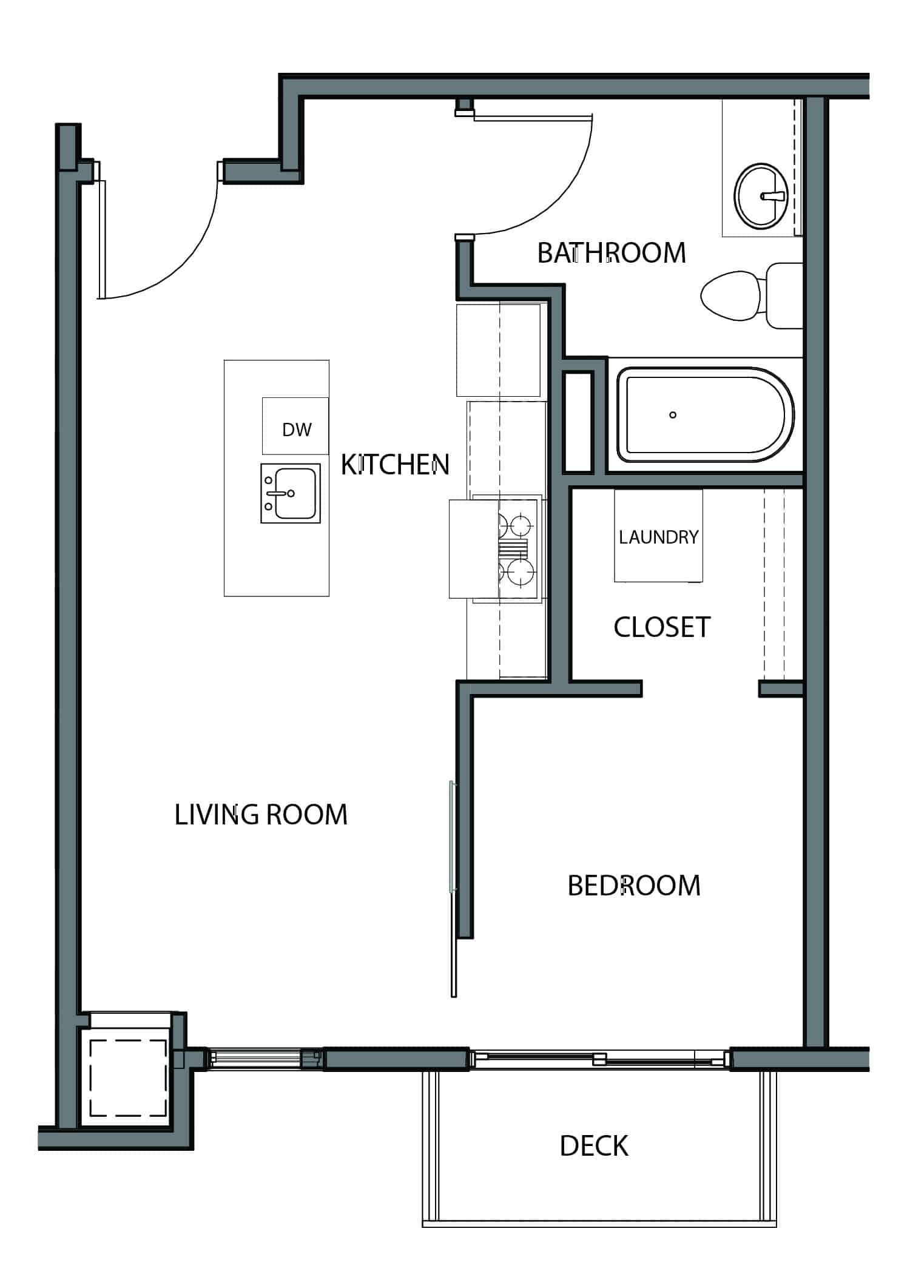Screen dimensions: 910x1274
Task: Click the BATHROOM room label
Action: (x=612, y=252)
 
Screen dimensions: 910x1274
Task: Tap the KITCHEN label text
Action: (x=395, y=465)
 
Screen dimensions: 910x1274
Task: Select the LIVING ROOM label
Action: (x=261, y=814)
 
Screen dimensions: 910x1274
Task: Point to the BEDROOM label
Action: (x=634, y=886)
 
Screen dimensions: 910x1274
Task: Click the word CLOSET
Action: (x=662, y=627)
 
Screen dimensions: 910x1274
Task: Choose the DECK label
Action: (x=594, y=1146)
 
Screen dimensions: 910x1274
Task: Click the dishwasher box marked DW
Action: (x=295, y=426)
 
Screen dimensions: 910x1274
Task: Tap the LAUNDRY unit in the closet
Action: (x=658, y=536)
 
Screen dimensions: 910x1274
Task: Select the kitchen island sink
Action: (x=291, y=494)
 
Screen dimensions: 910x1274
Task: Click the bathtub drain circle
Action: (x=673, y=415)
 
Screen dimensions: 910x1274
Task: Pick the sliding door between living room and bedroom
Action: (x=453, y=889)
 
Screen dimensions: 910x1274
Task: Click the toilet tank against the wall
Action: (x=784, y=295)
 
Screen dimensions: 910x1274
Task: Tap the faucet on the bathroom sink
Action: (x=773, y=196)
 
